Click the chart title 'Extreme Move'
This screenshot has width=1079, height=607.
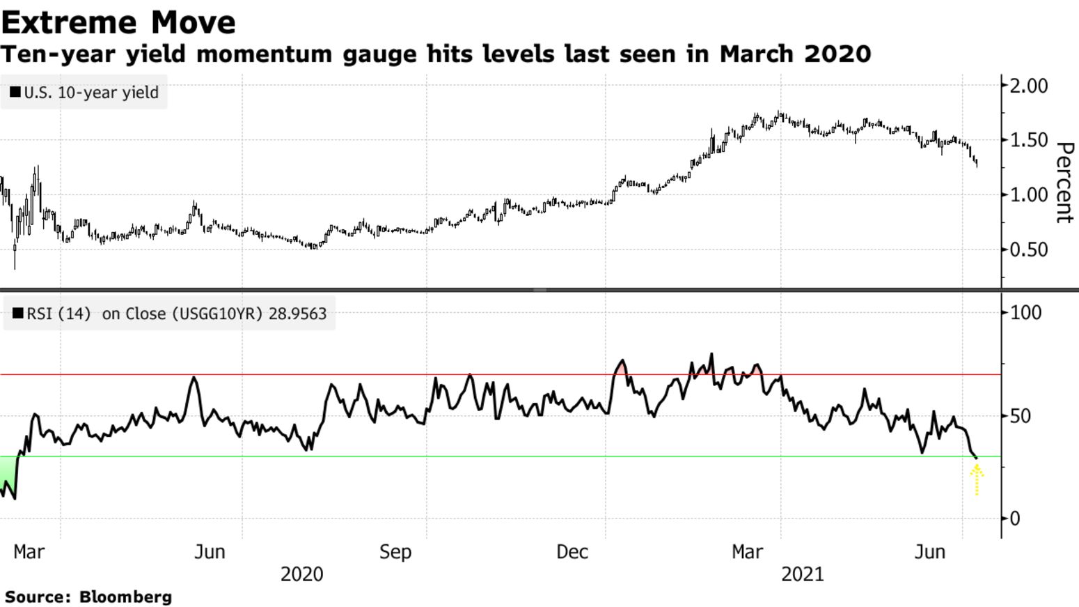(x=118, y=22)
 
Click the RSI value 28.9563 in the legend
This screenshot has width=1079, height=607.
(x=297, y=314)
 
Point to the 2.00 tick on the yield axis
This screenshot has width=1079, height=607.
(x=1028, y=86)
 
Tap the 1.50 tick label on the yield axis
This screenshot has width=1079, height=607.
(x=1028, y=140)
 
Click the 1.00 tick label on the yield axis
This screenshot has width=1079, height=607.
(x=1028, y=194)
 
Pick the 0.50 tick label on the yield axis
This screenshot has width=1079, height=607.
(x=1028, y=249)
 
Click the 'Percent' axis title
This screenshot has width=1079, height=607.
(x=1064, y=183)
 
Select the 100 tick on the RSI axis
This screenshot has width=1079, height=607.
(x=1025, y=312)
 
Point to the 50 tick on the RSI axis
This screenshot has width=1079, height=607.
(x=1021, y=416)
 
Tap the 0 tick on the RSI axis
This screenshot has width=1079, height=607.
(x=1015, y=518)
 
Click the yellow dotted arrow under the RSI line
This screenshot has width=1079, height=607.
(x=977, y=480)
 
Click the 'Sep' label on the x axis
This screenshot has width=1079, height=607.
(x=395, y=552)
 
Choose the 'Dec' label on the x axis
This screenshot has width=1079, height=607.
(x=572, y=552)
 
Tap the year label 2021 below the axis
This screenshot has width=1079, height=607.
(x=802, y=574)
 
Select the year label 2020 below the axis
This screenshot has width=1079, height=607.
(x=301, y=574)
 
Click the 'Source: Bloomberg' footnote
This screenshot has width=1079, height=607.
(x=88, y=597)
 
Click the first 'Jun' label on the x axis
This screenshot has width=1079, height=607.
(x=210, y=552)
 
